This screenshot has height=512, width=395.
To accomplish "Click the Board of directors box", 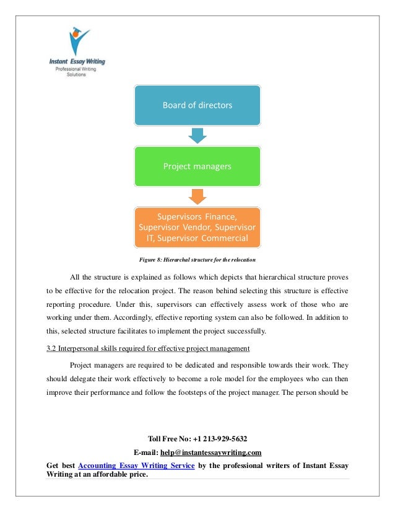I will [x=197, y=105].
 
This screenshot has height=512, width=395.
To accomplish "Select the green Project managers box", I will [x=197, y=166].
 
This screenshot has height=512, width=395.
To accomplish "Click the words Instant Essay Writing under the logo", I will [x=77, y=62].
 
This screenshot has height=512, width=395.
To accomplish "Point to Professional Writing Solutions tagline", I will [x=77, y=72].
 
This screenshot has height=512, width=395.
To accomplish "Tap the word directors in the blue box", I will [x=211, y=105].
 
